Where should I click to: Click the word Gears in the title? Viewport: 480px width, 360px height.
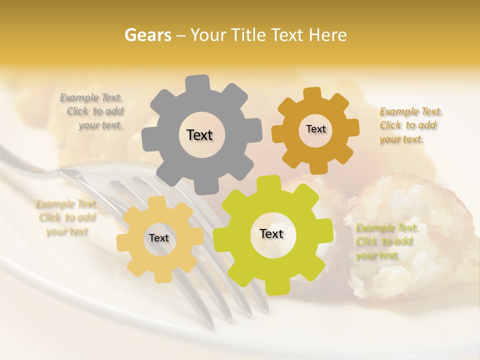coord(147,35)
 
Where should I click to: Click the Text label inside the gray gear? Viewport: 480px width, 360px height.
coord(199,135)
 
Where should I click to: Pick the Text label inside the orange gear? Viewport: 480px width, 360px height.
coord(315,129)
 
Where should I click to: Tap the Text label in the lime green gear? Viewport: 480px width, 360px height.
coord(271,234)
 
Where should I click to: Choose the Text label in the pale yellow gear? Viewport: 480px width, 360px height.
coord(159,238)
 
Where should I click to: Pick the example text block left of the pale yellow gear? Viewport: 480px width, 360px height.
coord(67,218)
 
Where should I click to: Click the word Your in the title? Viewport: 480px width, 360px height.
coord(206,35)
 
